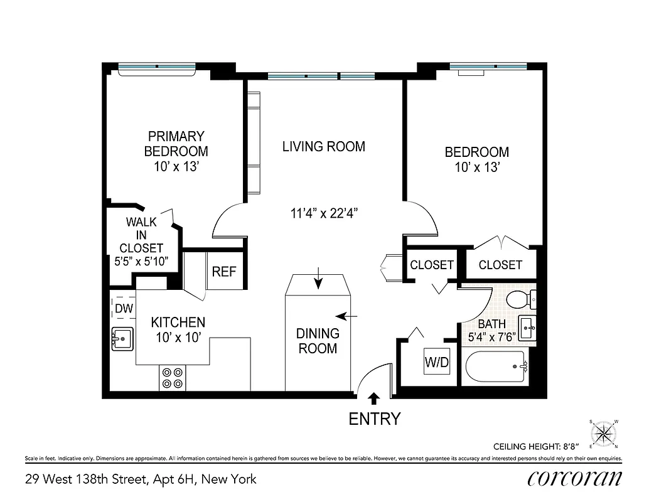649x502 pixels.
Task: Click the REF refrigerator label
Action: (224, 272)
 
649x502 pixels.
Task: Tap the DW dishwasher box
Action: (123, 308)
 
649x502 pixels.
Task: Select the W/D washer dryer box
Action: (437, 361)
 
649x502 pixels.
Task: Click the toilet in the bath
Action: (521, 299)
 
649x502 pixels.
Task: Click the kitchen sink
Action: (122, 339)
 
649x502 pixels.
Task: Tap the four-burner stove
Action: (173, 376)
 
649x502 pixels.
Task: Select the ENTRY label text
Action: (374, 419)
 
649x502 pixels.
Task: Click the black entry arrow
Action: (374, 397)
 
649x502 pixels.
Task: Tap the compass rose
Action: (604, 432)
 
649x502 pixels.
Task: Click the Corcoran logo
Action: (575, 478)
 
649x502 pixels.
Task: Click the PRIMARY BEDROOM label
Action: (176, 144)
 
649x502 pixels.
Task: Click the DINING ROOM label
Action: (318, 341)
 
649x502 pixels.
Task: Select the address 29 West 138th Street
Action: (141, 479)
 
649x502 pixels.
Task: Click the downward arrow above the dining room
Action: (318, 278)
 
